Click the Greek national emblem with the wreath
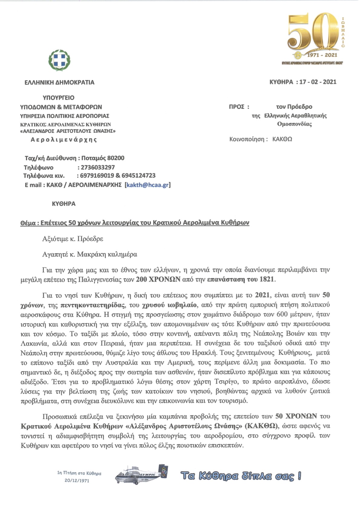[x=59, y=60]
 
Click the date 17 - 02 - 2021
[x=318, y=82]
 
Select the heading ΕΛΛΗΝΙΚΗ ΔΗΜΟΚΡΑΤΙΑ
[x=59, y=83]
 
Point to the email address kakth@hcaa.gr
[x=148, y=185]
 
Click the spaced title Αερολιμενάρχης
[x=64, y=140]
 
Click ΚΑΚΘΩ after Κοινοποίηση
[x=282, y=139]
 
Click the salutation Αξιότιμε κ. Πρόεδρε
[x=73, y=239]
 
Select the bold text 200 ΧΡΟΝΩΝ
[x=158, y=279]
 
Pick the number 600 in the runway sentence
[x=282, y=314]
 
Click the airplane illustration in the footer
[x=141, y=476]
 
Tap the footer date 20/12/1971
[x=77, y=481]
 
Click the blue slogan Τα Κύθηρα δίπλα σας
[x=241, y=476]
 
